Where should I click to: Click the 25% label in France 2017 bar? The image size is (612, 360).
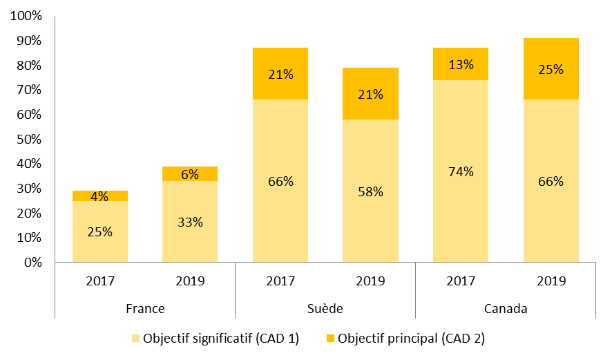(100, 231)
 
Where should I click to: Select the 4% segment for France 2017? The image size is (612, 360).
(100, 196)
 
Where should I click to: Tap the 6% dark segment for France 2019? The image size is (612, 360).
(190, 174)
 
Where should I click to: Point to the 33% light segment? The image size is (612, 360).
(190, 222)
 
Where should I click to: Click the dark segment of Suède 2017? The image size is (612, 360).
(280, 74)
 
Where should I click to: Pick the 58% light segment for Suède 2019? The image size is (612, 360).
(370, 191)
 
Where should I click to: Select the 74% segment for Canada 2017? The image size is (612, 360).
(461, 171)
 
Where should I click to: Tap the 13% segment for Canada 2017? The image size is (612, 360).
(461, 64)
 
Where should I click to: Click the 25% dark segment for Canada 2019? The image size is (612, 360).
(551, 69)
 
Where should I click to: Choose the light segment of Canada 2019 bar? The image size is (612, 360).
(551, 182)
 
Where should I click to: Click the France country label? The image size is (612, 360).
(145, 309)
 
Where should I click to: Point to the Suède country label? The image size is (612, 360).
(325, 309)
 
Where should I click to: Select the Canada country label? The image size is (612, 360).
(506, 309)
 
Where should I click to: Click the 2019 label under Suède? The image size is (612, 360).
(370, 281)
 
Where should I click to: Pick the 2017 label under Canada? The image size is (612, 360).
(461, 281)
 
